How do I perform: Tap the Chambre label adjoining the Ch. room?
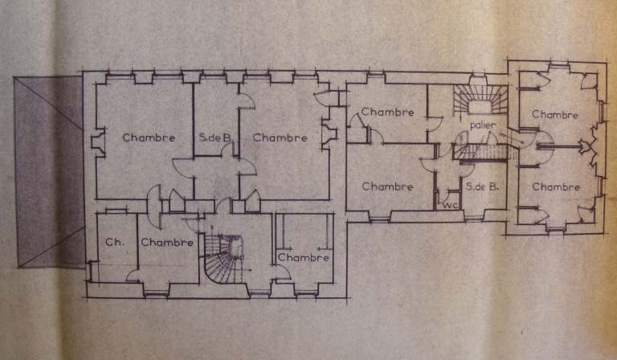(166, 242)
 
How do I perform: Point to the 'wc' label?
(448, 205)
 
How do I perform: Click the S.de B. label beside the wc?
(482, 187)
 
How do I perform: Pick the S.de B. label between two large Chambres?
(215, 138)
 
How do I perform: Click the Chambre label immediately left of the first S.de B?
(149, 137)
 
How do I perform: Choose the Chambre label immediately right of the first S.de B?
(280, 137)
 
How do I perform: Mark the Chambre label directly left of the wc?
(387, 186)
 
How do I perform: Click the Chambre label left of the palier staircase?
(387, 112)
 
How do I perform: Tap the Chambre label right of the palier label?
(555, 115)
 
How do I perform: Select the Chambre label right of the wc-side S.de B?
(555, 187)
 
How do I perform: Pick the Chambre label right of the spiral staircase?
(304, 258)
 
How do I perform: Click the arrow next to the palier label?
(514, 141)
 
